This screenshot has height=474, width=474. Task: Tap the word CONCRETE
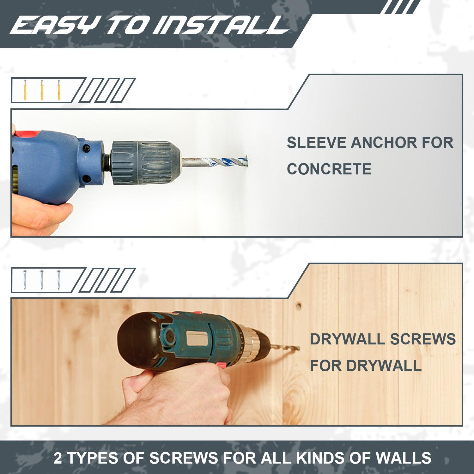pos(329,169)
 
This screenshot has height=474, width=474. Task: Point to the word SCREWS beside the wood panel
pos(423,339)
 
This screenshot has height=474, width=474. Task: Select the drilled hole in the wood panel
pos(298,306)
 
